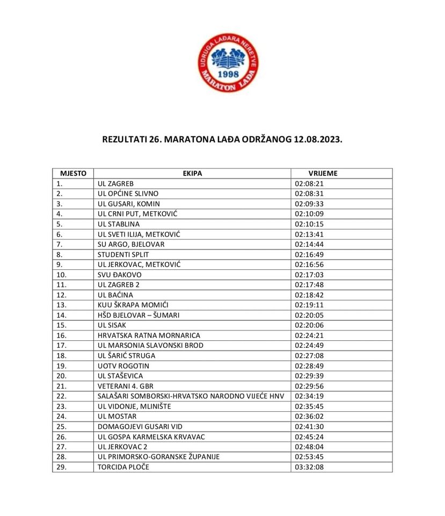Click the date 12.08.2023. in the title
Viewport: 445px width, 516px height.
pos(318,139)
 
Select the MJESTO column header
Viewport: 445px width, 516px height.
pos(73,174)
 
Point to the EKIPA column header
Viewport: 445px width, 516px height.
pos(192,174)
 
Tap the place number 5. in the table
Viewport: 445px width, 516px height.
pos(60,224)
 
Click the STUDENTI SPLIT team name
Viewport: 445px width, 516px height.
pos(123,254)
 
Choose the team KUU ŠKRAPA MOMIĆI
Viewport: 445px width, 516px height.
pos(133,305)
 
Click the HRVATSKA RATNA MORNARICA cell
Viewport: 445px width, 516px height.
pos(149,335)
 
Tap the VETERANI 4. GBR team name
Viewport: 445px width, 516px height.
pos(126,386)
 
